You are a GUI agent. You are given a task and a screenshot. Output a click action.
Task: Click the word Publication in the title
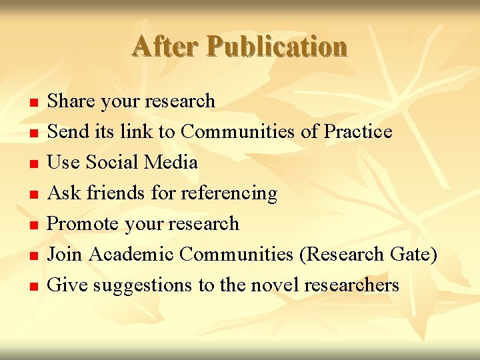[x=277, y=47]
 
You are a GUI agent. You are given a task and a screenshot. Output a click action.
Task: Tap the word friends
[x=115, y=193]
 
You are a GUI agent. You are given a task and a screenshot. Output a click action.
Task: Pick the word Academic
[x=131, y=255]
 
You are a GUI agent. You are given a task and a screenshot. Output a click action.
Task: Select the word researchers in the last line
[x=351, y=285]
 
